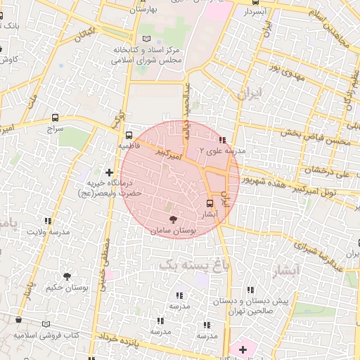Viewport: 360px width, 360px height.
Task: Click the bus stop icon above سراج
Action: pos(56,118)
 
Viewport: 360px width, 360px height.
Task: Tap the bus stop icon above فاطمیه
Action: pos(129,134)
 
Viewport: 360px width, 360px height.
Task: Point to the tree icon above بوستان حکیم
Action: pos(67,276)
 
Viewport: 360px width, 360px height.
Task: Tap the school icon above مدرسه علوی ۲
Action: pos(224,140)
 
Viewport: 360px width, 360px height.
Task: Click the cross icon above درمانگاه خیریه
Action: pos(109,172)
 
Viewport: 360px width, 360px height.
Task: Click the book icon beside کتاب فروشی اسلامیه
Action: pos(46,324)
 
